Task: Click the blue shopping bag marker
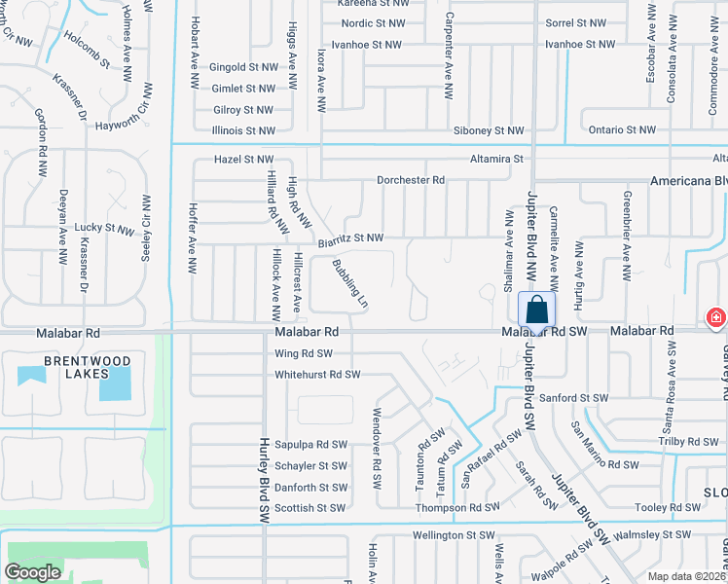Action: [536, 310]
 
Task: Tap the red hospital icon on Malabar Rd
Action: [716, 317]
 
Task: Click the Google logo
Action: [33, 572]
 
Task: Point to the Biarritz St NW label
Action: [350, 237]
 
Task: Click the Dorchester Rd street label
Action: [411, 180]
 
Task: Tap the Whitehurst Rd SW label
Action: [317, 374]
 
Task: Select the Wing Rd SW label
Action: [304, 353]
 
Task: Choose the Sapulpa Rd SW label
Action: [310, 444]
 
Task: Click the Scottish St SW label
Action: [310, 507]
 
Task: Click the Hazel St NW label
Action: [243, 159]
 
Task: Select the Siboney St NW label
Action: [489, 130]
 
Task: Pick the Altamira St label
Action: [496, 159]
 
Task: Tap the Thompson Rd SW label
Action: [457, 507]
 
